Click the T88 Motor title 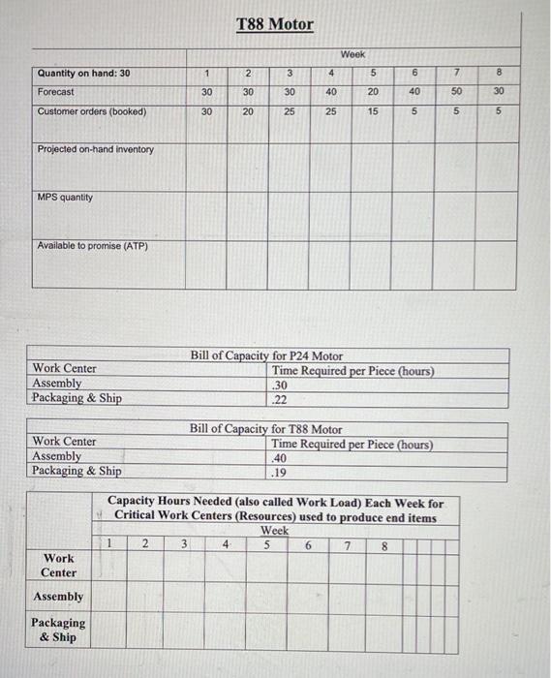pos(275,23)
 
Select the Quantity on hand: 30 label pos(83,73)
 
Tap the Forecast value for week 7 pos(456,91)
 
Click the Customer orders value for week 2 pos(248,111)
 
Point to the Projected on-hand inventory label pos(95,149)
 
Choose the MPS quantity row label pos(65,197)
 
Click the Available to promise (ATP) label pos(92,246)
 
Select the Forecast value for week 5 pos(373,91)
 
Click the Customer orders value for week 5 pos(373,111)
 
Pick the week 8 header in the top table pos(498,73)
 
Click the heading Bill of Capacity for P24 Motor pos(266,356)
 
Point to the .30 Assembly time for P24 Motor pos(280,384)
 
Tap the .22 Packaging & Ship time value pos(280,398)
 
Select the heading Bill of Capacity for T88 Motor pos(266,429)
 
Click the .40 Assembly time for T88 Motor pos(280,457)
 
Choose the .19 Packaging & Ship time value pos(280,472)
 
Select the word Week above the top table pos(352,54)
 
